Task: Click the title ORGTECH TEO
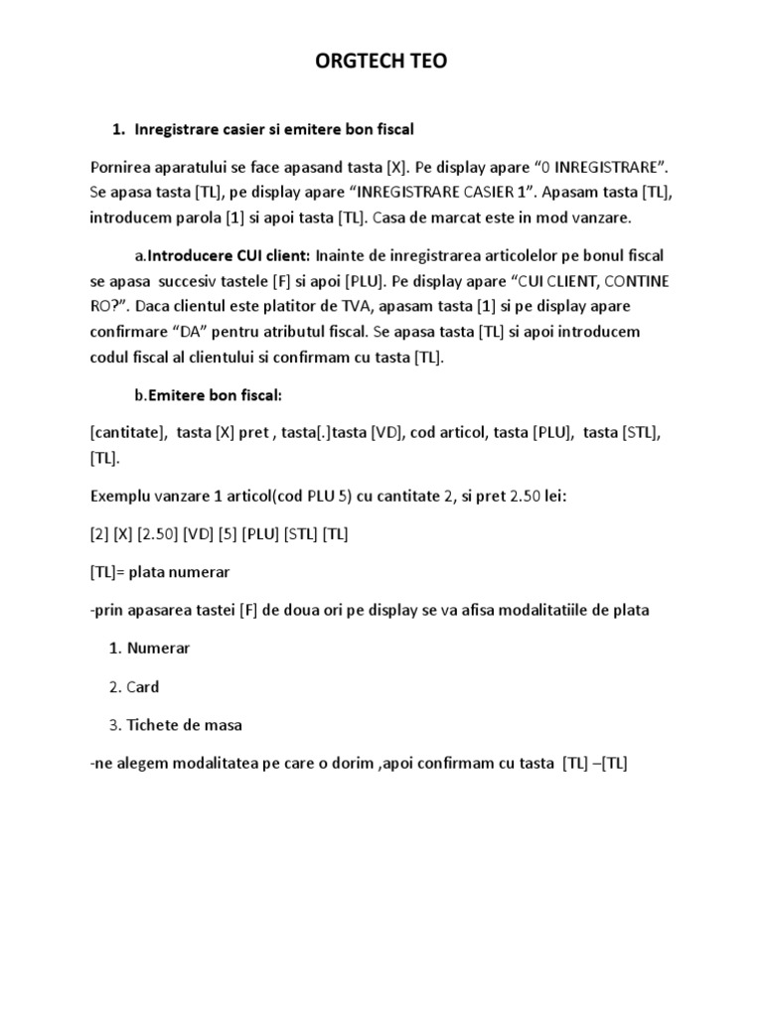[381, 62]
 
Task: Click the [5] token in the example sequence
[245, 534]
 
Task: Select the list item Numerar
[158, 649]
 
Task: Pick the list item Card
[142, 686]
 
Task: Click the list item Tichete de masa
[184, 725]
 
